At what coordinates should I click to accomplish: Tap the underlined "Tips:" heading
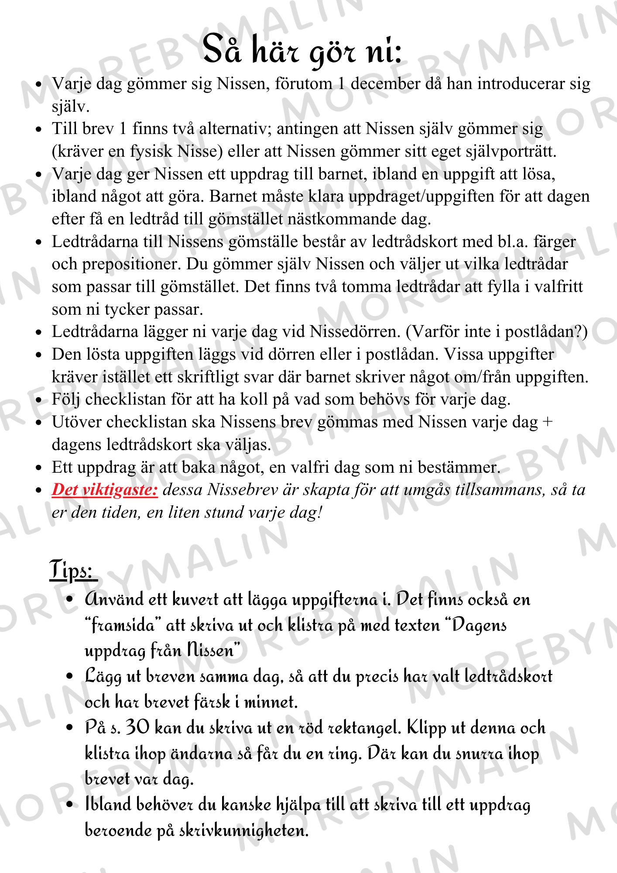pos(71,570)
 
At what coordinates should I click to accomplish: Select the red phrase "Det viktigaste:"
pos(105,490)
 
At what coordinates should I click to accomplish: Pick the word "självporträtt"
pos(510,151)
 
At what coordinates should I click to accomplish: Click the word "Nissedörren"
pos(355,332)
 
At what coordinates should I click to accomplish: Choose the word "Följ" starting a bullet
pos(66,399)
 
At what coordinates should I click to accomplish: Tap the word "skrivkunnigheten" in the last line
pos(243,830)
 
